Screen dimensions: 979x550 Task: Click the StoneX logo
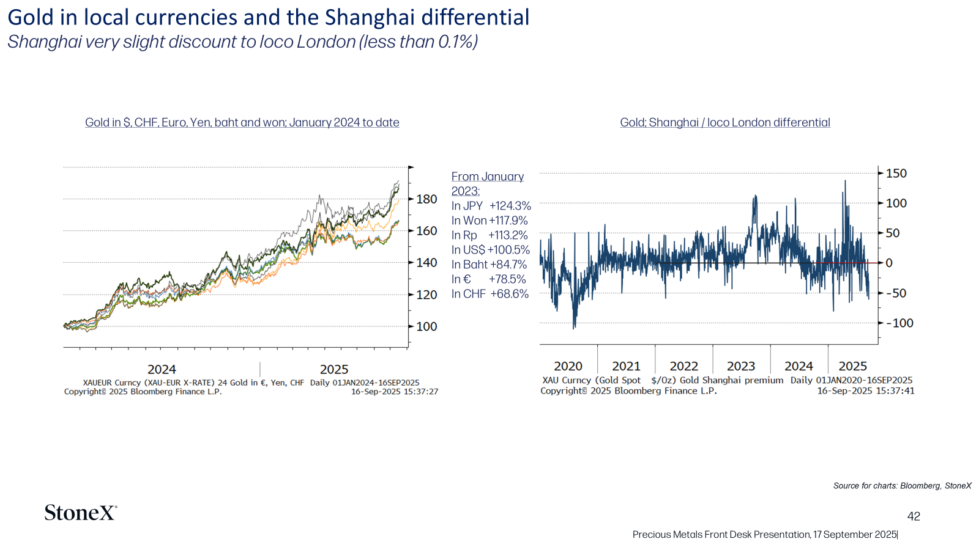(80, 513)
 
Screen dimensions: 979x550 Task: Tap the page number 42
(914, 516)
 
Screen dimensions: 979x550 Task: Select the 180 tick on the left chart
(426, 199)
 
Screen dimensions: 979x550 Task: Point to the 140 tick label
(426, 262)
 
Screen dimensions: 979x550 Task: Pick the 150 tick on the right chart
(896, 174)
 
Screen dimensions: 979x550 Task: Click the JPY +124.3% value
(491, 205)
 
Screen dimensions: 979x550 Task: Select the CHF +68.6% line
(490, 294)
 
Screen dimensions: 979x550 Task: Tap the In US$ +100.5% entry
(490, 250)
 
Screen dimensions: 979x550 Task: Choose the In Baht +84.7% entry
(489, 265)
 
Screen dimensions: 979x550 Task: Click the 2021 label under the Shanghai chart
(626, 366)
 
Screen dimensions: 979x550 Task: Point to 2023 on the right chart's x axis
(741, 366)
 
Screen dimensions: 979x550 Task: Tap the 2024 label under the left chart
(162, 369)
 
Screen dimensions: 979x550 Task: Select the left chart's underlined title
(242, 123)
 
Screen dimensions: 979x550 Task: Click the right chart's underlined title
(725, 123)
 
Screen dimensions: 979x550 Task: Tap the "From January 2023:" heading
(487, 184)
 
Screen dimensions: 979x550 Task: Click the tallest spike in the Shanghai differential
(845, 181)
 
